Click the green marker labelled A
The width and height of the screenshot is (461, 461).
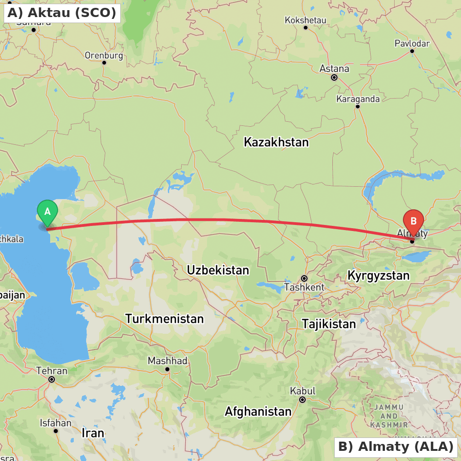coord(47,212)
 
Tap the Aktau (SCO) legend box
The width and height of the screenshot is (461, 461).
coord(62,13)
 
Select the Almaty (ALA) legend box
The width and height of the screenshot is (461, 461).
coord(396,447)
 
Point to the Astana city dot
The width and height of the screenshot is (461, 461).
coord(334,77)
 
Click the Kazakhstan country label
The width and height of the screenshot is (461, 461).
coord(276,142)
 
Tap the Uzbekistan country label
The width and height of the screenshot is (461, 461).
coord(218,270)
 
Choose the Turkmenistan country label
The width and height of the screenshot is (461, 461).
coord(164,319)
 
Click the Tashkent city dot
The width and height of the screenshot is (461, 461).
coord(304,278)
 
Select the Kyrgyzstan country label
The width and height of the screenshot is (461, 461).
coord(378,276)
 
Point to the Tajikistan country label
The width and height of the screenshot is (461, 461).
coord(329,324)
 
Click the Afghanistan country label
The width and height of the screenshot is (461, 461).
coord(258,411)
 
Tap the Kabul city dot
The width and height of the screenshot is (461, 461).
coord(302,400)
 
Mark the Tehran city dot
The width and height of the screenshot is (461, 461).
coord(52,379)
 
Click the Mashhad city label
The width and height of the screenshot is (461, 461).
coord(167,361)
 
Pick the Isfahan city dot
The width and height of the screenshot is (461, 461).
coord(56,431)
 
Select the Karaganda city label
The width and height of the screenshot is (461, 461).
coord(358,99)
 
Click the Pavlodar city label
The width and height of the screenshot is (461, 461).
coord(412,43)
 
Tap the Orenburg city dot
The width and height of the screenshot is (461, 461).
coord(104,62)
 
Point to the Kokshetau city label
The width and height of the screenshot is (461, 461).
coord(305,20)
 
